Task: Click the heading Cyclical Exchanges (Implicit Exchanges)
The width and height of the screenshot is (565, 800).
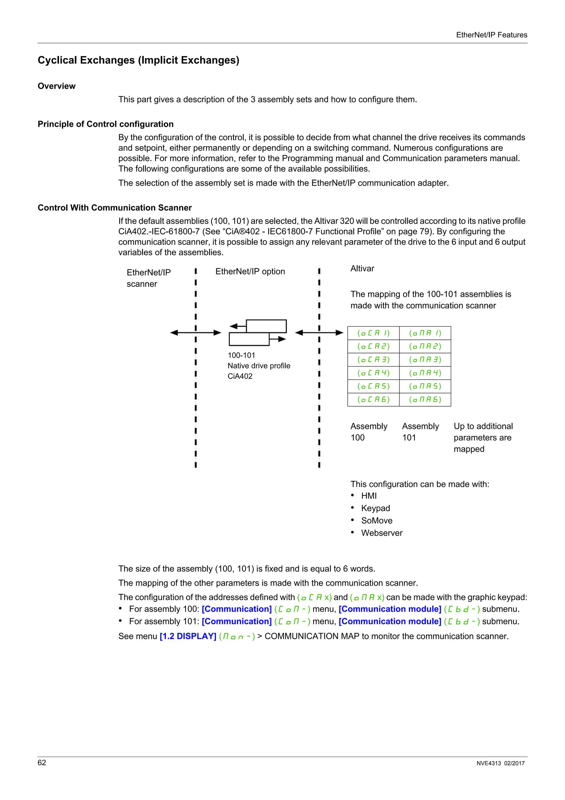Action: coord(138,60)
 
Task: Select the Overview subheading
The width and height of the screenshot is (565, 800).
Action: coord(56,86)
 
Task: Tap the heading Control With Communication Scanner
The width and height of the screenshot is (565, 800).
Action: coord(114,208)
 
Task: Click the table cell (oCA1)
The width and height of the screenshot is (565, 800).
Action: coord(373,333)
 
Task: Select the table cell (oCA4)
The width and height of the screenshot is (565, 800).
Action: coord(373,373)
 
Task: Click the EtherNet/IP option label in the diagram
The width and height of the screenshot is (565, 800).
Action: coord(250,271)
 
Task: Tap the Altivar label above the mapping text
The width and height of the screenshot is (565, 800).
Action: coord(362,269)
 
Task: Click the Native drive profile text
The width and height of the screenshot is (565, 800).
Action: coord(259,366)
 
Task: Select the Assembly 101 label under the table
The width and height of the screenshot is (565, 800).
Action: coord(420,432)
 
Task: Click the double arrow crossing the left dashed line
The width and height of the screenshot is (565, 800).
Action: coord(196,333)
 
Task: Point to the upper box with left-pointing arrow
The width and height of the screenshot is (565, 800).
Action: coord(266,326)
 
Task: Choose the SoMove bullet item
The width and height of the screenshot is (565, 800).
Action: coord(377,521)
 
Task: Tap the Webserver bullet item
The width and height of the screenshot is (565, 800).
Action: coord(382,533)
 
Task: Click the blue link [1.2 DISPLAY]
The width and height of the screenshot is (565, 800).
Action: coord(188,636)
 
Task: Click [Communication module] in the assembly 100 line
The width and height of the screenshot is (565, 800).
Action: coord(390,609)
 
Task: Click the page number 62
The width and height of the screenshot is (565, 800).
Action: coord(42,763)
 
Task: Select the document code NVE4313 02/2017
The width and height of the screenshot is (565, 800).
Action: coord(500,763)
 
